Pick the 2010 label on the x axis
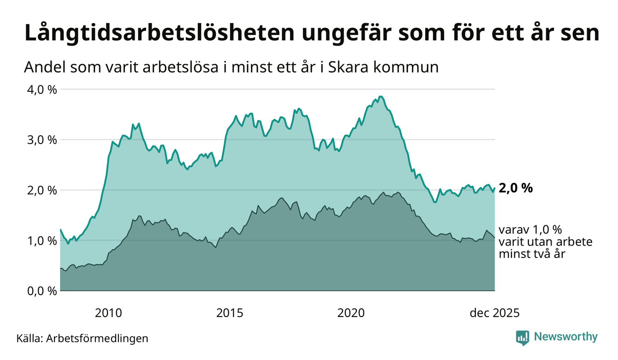click(108, 313)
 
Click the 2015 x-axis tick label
click(230, 313)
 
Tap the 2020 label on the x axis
click(351, 313)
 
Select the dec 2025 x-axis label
click(494, 313)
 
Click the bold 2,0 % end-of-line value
click(516, 188)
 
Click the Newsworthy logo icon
click(523, 337)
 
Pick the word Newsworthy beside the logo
click(565, 337)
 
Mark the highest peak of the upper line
click(380, 96)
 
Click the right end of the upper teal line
click(494, 188)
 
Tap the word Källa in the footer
click(29, 338)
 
